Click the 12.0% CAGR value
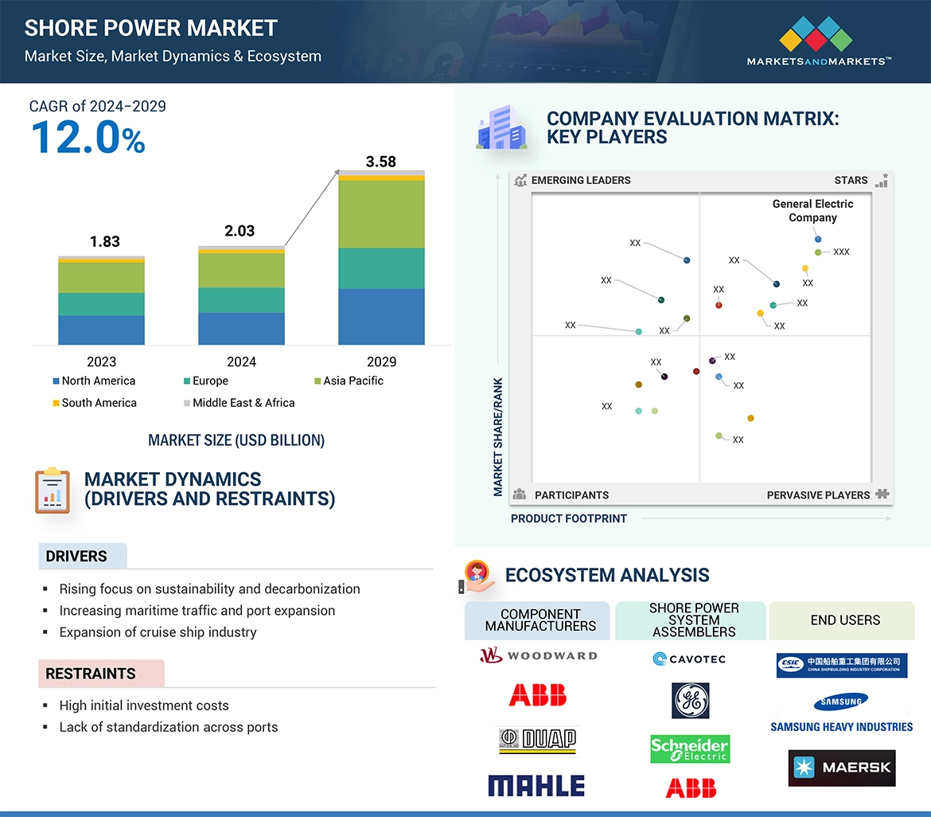(x=88, y=137)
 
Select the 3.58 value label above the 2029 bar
(x=380, y=162)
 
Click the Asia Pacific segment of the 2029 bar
(x=381, y=214)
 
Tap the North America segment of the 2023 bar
(x=101, y=330)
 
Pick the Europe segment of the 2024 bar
(x=241, y=300)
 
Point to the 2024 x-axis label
(x=241, y=362)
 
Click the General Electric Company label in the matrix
(x=812, y=211)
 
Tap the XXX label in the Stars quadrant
(x=841, y=252)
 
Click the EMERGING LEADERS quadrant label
(x=580, y=180)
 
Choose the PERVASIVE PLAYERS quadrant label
(x=818, y=494)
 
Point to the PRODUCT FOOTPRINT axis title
(x=569, y=518)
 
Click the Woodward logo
(x=538, y=656)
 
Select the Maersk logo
(x=842, y=768)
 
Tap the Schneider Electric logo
(x=690, y=749)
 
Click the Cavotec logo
(x=689, y=659)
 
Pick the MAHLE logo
(x=536, y=786)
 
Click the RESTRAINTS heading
(x=91, y=674)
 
